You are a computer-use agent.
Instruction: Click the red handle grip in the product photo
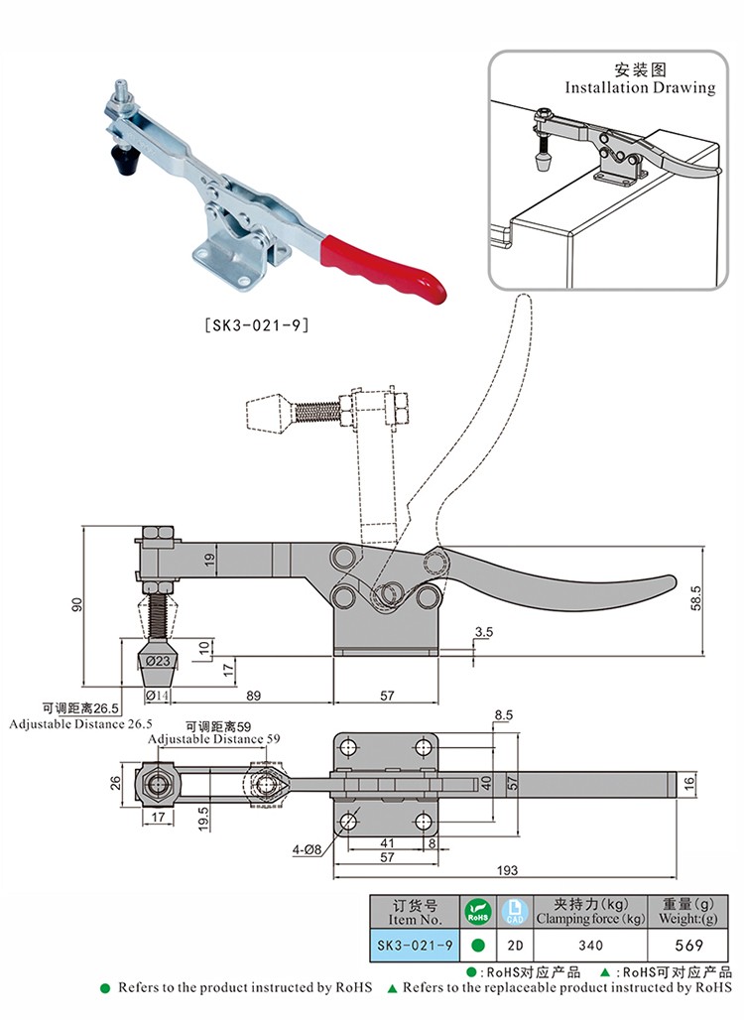coord(382,263)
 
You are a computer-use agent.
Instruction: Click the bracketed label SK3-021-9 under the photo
coord(256,323)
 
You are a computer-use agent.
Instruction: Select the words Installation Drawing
coord(640,87)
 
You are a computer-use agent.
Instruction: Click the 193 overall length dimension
coord(507,870)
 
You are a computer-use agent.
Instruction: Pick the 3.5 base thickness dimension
coord(484,631)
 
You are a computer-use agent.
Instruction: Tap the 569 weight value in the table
coord(687,946)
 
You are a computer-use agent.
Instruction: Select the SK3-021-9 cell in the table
coord(414,946)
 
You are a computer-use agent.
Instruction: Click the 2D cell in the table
coord(512,946)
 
